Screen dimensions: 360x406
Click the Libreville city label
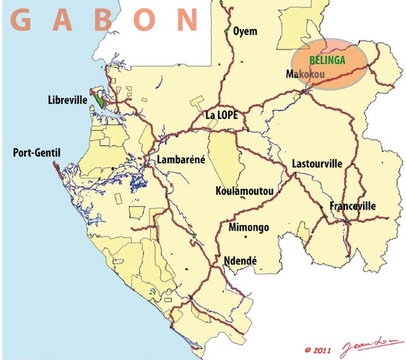click(x=67, y=100)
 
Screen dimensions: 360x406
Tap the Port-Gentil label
click(x=36, y=153)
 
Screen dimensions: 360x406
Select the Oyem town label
click(x=245, y=30)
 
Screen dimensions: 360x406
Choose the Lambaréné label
click(x=181, y=159)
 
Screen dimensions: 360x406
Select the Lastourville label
click(x=317, y=164)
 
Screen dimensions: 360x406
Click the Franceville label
click(x=352, y=206)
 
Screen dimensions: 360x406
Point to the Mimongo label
click(x=248, y=227)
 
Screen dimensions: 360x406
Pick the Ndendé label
click(x=240, y=260)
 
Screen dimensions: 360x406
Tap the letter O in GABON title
click(x=146, y=20)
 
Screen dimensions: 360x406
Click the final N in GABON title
click(x=187, y=20)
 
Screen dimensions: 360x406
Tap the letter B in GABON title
click(x=104, y=20)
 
